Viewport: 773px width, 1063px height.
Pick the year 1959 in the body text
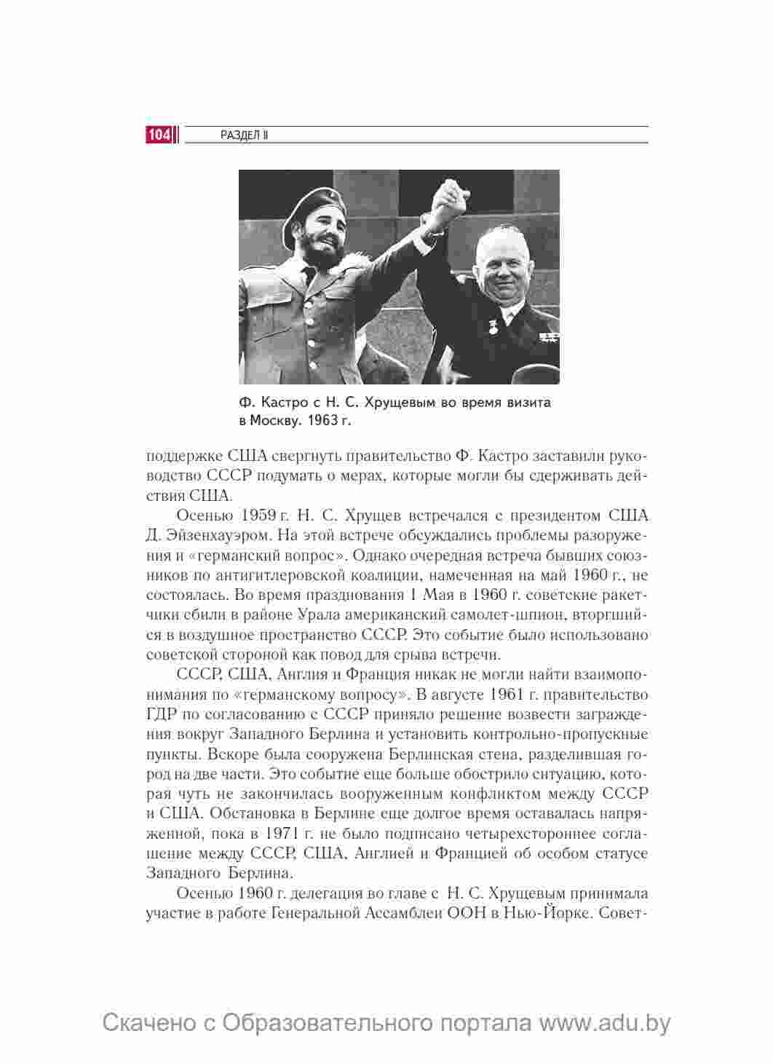[x=255, y=516]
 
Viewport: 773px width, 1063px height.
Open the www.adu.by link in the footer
[x=603, y=1022]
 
